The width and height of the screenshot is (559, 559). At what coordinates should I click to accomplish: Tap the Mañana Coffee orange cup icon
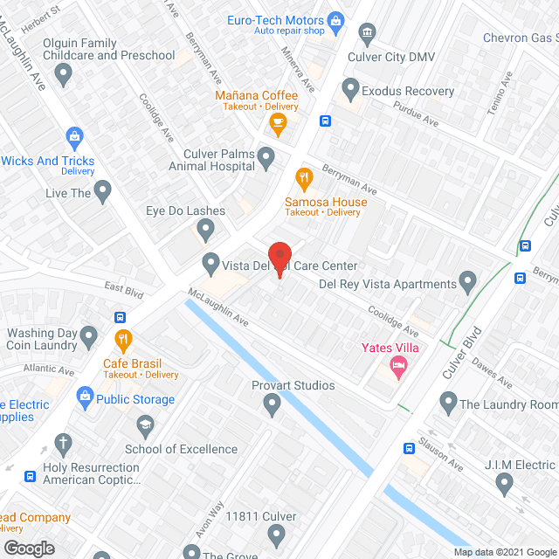[x=278, y=125]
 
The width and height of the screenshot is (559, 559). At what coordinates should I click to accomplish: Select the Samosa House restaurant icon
[x=304, y=181]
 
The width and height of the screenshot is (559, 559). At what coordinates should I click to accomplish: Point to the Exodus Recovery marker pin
[x=350, y=88]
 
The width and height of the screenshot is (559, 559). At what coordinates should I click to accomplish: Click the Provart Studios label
[x=293, y=385]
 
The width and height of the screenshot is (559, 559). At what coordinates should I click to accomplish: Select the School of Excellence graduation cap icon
[x=145, y=427]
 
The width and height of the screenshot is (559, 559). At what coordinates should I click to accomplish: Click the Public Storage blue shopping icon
[x=85, y=398]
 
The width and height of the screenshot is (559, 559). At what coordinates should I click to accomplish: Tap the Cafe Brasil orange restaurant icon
[x=124, y=338]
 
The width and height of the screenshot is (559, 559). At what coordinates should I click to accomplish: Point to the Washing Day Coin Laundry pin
[x=88, y=335]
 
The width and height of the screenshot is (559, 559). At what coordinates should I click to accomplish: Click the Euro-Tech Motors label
[x=275, y=19]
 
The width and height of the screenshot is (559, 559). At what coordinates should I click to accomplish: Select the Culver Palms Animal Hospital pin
[x=266, y=157]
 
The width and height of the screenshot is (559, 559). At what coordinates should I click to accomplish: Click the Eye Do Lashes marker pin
[x=206, y=231]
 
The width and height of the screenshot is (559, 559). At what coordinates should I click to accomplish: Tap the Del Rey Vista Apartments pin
[x=467, y=282]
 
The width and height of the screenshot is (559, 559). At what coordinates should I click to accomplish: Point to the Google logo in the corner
[x=28, y=548]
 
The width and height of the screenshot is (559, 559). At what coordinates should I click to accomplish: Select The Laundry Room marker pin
[x=448, y=403]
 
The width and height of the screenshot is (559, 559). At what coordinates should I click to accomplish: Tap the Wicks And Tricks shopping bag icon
[x=74, y=138]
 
